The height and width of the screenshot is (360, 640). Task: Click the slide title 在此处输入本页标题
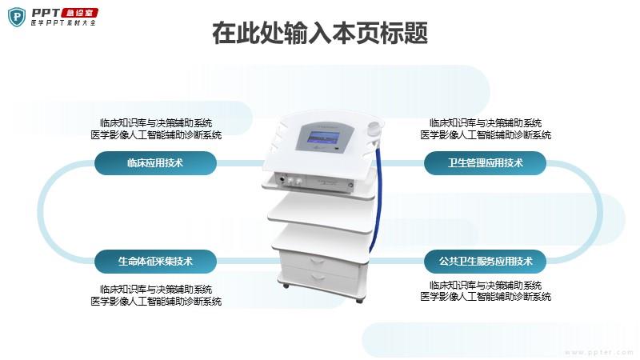[x=319, y=33]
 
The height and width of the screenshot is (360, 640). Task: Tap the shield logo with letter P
[x=17, y=17]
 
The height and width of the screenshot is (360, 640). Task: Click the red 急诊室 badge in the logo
[x=79, y=13]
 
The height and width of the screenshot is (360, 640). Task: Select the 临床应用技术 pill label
[x=155, y=163]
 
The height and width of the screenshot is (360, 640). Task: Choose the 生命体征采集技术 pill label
[x=155, y=262]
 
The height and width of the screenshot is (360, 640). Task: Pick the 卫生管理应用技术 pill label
[x=485, y=163]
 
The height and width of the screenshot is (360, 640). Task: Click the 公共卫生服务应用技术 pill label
[x=485, y=262]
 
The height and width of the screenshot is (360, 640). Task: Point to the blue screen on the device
[x=323, y=138]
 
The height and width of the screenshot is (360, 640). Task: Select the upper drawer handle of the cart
[x=318, y=262]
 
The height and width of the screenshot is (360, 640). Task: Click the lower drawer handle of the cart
[x=318, y=278]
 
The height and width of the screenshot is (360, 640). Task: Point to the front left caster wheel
[x=286, y=286]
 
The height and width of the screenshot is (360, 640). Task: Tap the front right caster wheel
[x=359, y=301]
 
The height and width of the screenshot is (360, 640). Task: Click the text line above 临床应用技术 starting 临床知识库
[x=156, y=123]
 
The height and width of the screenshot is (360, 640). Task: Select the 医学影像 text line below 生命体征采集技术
[x=156, y=302]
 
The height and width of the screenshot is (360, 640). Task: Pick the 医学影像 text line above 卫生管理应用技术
[x=486, y=134]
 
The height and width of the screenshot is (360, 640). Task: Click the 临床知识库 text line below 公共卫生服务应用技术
[x=486, y=285]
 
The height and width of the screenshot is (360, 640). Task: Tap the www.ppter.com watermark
[x=598, y=352]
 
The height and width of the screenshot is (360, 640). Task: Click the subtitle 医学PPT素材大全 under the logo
[x=63, y=23]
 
